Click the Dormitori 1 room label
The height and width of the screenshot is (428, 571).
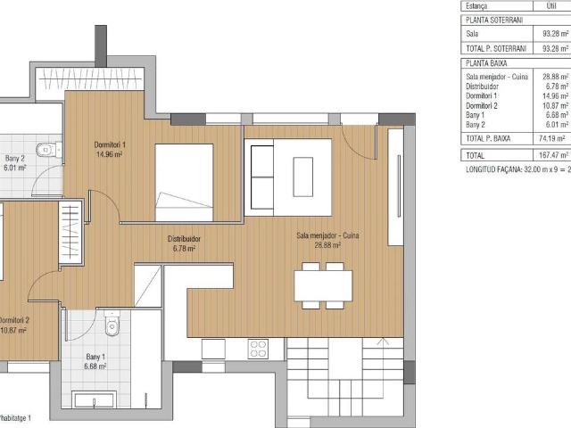coord(110,144)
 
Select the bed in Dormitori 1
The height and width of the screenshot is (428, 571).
coord(184,181)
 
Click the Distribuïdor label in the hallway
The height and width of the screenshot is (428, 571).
coord(184,239)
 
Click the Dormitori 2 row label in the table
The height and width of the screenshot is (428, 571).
coord(483,106)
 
